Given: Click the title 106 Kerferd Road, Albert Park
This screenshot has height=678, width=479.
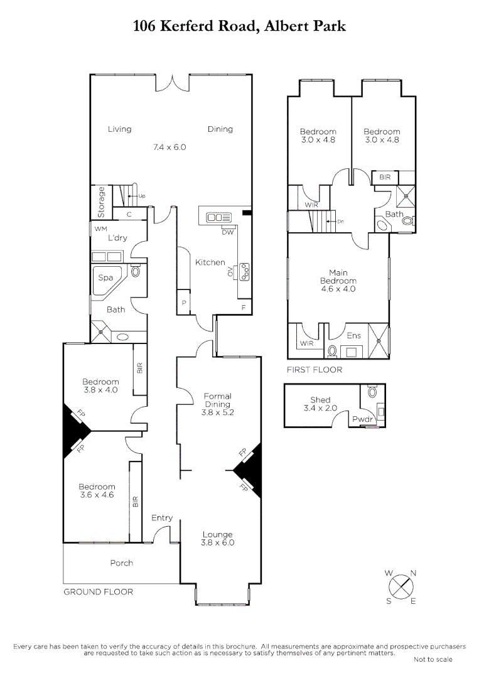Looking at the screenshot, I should pyautogui.click(x=239, y=26).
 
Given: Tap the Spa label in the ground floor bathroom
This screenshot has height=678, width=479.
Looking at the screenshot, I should pyautogui.click(x=105, y=277).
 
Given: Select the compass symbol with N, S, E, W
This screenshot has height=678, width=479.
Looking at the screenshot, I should pyautogui.click(x=401, y=587).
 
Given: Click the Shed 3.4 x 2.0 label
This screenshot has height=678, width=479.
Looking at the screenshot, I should pyautogui.click(x=320, y=404).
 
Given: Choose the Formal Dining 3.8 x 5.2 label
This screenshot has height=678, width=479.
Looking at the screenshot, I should pyautogui.click(x=217, y=404).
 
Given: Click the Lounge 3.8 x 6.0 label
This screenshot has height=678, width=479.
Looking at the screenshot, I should pyautogui.click(x=217, y=539).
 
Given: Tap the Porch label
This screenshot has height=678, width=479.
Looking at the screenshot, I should pyautogui.click(x=121, y=562).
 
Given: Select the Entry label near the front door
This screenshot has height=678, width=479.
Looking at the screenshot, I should pyautogui.click(x=162, y=518).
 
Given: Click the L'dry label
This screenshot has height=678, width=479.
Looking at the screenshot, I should pyautogui.click(x=118, y=238).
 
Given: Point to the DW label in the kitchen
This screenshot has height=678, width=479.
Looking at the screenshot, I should pyautogui.click(x=228, y=232).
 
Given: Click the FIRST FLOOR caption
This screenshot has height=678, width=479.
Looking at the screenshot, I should pyautogui.click(x=315, y=370).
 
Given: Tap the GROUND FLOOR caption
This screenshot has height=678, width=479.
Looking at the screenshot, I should pyautogui.click(x=98, y=591).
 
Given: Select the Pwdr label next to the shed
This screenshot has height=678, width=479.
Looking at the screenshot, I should pyautogui.click(x=361, y=419).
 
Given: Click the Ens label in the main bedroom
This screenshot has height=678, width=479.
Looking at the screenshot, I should pyautogui.click(x=353, y=336).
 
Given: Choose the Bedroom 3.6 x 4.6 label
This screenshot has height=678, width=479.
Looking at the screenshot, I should pyautogui.click(x=97, y=491).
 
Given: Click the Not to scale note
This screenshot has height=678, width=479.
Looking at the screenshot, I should pyautogui.click(x=433, y=659).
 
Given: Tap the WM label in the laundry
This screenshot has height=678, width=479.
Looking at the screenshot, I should pyautogui.click(x=101, y=229).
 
